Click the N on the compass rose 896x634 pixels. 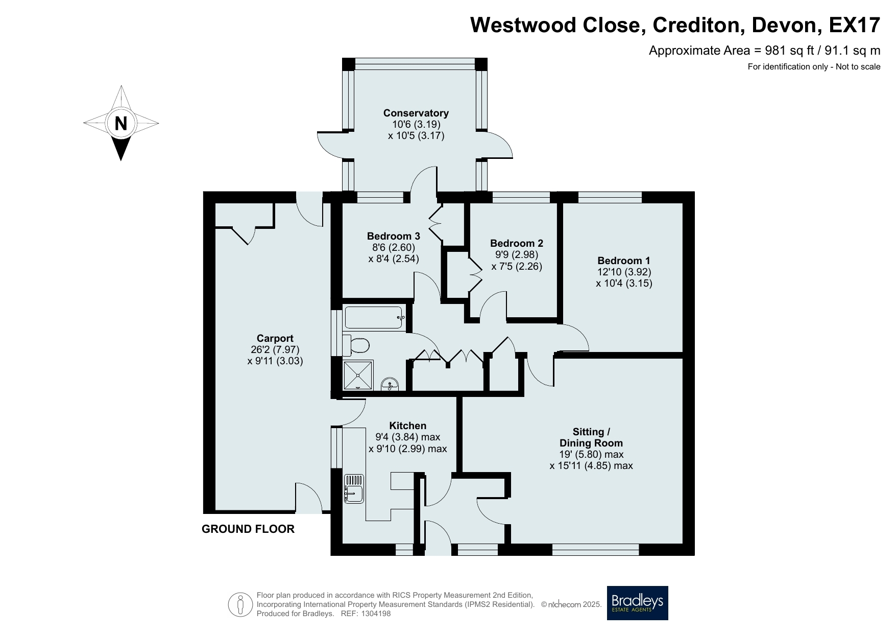tap(121, 123)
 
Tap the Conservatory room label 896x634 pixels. tap(416, 113)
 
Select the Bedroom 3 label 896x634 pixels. tap(394, 236)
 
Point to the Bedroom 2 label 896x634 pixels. tap(517, 243)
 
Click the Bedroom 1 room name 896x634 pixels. tap(624, 261)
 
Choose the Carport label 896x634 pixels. tap(275, 338)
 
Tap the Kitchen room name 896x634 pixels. tap(408, 426)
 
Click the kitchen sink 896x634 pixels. tap(354, 488)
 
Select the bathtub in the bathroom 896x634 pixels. tap(375, 317)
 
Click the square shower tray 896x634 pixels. tap(358, 375)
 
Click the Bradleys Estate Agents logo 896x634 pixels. tap(637, 603)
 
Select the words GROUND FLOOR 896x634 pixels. tap(248, 529)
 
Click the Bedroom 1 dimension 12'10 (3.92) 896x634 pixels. tap(624, 272)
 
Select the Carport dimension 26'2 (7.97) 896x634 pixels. tap(275, 350)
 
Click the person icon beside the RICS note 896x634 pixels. tap(240, 604)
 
